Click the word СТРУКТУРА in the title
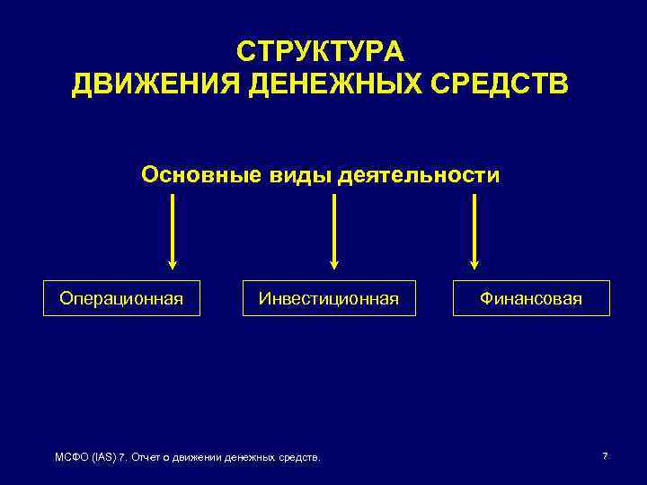click(321, 49)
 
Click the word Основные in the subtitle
click(191, 173)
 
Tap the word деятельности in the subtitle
click(419, 173)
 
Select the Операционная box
click(121, 298)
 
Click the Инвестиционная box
click(328, 298)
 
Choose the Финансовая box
click(531, 298)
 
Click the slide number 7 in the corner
click(605, 456)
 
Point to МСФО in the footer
click(73, 458)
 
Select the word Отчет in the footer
click(147, 458)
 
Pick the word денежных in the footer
click(254, 458)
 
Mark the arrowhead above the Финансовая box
click(475, 264)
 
